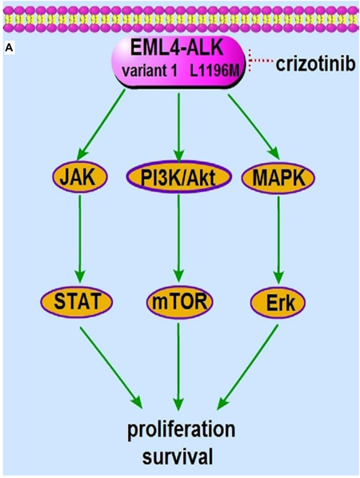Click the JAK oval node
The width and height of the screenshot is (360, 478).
tap(80, 177)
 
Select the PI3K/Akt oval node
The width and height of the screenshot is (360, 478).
tap(178, 177)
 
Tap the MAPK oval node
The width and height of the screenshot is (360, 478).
tap(278, 177)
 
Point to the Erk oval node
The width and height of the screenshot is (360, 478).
tap(278, 302)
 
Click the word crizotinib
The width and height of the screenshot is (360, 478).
tap(316, 64)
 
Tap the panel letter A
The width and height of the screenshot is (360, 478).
tap(9, 49)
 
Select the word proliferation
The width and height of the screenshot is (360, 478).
tap(182, 429)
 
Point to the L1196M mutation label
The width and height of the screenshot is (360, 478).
tap(214, 72)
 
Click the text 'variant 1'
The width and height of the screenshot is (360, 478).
tap(150, 72)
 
